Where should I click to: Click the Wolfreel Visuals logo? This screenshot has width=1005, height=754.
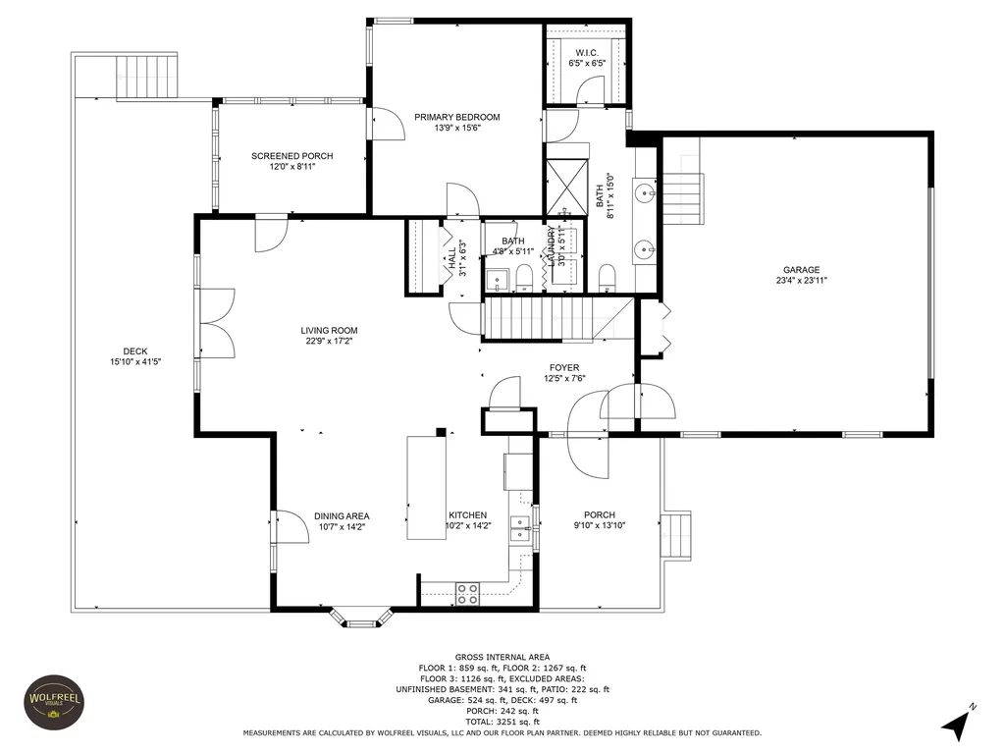(55, 702)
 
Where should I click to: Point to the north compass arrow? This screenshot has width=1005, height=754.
(958, 723)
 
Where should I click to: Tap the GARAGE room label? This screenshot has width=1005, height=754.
(801, 270)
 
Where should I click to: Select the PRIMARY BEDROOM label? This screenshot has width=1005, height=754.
(457, 117)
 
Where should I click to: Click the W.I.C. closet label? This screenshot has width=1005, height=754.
(587, 53)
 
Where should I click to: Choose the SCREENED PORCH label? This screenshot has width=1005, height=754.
(292, 156)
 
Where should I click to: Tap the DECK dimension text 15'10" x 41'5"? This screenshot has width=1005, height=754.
(135, 361)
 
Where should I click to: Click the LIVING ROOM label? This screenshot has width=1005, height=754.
(330, 331)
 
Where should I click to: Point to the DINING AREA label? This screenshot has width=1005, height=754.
(342, 516)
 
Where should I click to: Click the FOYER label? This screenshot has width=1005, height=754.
(564, 368)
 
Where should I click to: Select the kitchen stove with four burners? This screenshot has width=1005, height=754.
(467, 594)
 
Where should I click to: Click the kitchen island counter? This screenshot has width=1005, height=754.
(427, 487)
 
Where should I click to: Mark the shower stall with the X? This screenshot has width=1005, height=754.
(566, 188)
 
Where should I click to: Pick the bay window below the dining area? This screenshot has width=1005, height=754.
(361, 617)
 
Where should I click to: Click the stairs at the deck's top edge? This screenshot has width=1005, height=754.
(146, 77)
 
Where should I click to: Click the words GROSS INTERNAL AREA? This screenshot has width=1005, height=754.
(502, 657)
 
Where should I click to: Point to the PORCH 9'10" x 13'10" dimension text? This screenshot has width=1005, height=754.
(600, 526)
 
